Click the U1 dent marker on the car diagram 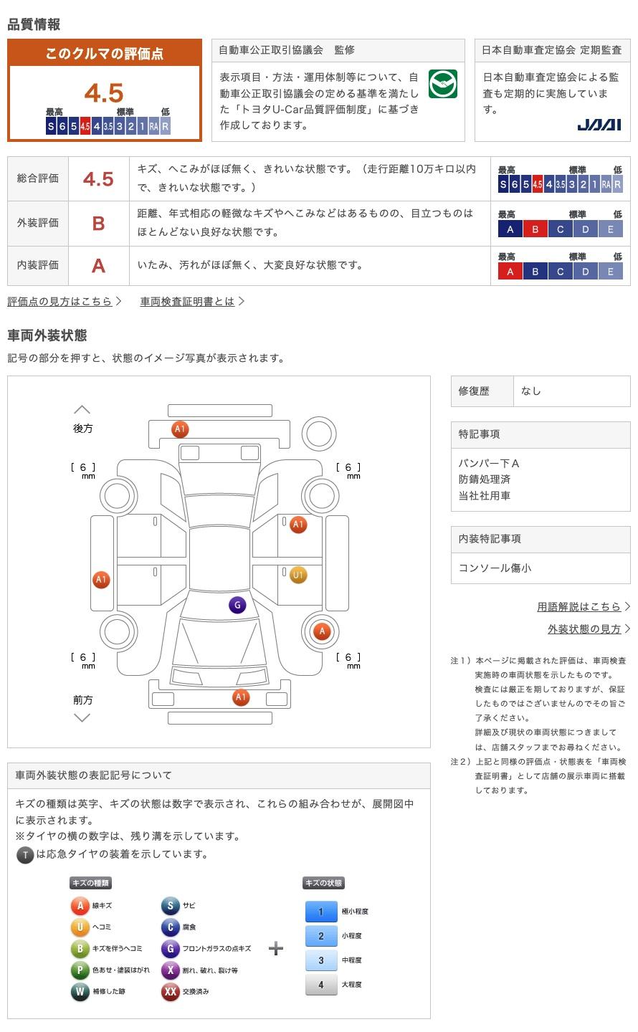click(x=298, y=575)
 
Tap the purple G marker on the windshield click(x=237, y=605)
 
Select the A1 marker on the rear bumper click(x=180, y=429)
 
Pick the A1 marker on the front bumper click(x=241, y=697)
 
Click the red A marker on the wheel click(x=322, y=631)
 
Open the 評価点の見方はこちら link click(x=60, y=302)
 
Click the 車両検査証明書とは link click(x=188, y=302)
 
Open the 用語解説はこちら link click(x=579, y=607)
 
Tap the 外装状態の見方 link click(x=585, y=629)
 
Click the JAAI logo click(x=599, y=125)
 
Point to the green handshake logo click(x=442, y=85)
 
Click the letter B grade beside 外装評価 click(x=98, y=224)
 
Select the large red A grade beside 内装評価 click(x=98, y=266)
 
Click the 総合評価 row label click(x=38, y=178)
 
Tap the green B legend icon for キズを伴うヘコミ click(x=80, y=949)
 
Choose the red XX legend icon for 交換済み click(x=170, y=992)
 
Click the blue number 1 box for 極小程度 click(x=321, y=912)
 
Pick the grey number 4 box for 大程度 click(x=321, y=985)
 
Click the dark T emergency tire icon click(x=25, y=854)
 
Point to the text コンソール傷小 click(x=495, y=568)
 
